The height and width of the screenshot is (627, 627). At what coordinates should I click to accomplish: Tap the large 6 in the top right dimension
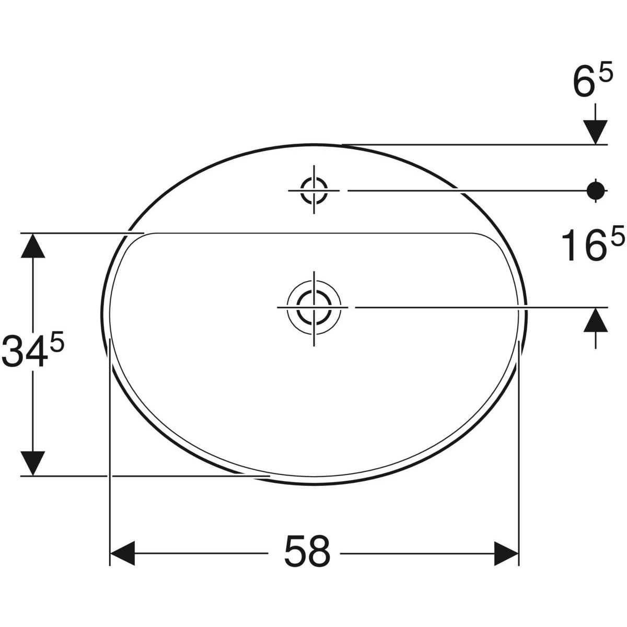click(x=583, y=86)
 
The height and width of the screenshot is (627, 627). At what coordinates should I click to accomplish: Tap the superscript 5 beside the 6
click(x=606, y=75)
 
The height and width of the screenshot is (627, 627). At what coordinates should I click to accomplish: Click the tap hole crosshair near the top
click(x=314, y=190)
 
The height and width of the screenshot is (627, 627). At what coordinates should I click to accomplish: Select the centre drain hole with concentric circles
click(x=314, y=308)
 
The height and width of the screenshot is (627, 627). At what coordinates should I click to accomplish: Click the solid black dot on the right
click(x=596, y=190)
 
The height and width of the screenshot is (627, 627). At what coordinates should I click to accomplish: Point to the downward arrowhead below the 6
click(x=596, y=131)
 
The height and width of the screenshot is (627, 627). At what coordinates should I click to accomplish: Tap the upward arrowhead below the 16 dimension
click(x=596, y=320)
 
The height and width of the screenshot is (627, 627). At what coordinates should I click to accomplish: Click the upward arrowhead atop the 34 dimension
click(x=33, y=246)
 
